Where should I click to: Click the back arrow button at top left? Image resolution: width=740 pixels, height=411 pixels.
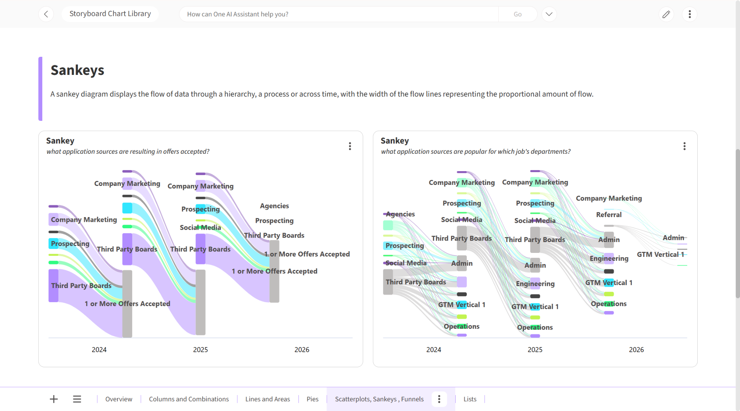pos(46,14)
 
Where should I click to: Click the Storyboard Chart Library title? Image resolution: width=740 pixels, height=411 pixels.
pos(110,14)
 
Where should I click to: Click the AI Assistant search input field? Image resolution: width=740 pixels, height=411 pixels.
pos(339,14)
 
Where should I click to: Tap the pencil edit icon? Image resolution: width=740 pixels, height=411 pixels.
pos(666,14)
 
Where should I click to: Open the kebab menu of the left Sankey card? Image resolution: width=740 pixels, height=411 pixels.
pos(350,146)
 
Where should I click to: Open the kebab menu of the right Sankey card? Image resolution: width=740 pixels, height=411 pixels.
pos(684,146)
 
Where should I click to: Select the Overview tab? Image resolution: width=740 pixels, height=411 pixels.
pos(119,399)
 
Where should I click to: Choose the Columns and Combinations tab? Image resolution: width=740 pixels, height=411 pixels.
pos(189,399)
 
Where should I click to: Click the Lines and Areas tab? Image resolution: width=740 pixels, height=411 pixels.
pos(268,399)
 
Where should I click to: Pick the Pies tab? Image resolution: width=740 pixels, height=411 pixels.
pos(313,399)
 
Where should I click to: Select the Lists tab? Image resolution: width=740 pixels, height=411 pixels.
pos(470,399)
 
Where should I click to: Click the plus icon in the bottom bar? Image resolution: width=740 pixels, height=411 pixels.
pos(54,399)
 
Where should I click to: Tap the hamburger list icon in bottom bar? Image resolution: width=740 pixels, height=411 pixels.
pos(77,399)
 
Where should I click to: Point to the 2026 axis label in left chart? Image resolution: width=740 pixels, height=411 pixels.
pos(302,349)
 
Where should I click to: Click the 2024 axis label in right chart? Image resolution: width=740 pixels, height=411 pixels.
pos(434,349)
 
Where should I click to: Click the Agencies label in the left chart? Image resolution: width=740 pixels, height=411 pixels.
pos(275,206)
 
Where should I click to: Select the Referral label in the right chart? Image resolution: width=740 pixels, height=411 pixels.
pos(609,215)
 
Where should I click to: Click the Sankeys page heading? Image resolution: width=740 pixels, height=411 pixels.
pos(77,70)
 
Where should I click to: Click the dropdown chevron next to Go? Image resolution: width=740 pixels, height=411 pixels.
pos(549,14)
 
